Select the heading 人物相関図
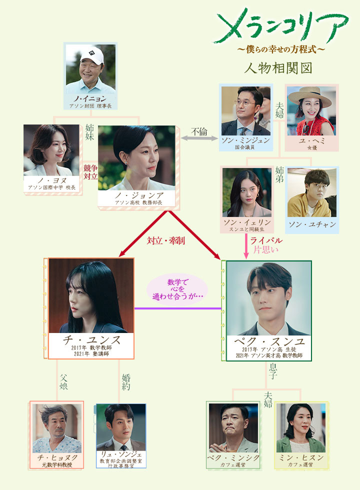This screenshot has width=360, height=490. click(x=278, y=68)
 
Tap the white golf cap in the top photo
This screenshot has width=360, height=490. click(x=92, y=55)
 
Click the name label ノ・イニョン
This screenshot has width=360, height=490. click(x=90, y=99)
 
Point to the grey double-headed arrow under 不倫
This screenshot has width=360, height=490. click(x=199, y=138)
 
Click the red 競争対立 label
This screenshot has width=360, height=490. click(x=90, y=172)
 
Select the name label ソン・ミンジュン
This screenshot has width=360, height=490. click(x=245, y=140)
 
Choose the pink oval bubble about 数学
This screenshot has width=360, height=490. click(x=177, y=289)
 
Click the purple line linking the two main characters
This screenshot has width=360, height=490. click(x=178, y=308)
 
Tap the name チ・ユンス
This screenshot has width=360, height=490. click(x=91, y=339)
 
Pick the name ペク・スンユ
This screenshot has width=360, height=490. click(x=269, y=341)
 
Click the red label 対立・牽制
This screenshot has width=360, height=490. click(x=166, y=240)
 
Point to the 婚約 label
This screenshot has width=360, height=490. click(x=126, y=382)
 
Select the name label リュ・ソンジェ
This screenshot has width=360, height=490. click(x=121, y=454)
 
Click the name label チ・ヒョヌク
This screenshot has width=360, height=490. click(x=57, y=457)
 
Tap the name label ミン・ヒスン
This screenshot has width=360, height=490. click(x=301, y=457)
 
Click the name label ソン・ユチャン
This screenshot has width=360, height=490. click(x=312, y=224)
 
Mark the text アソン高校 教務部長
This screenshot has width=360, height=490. click(x=139, y=203)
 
